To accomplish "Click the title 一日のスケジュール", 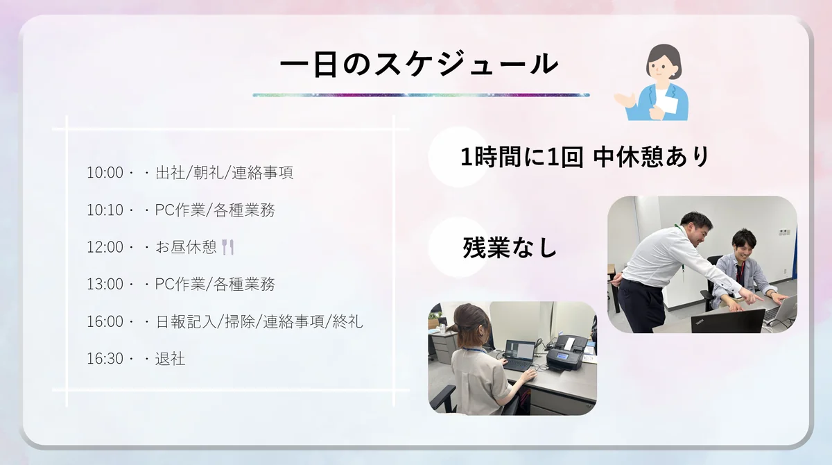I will (x=419, y=64).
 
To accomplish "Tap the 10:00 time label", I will (x=105, y=173).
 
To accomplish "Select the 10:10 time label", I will (x=105, y=210).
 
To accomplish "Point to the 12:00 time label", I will (x=105, y=247).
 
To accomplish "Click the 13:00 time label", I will (x=105, y=285).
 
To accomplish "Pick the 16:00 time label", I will (x=105, y=322).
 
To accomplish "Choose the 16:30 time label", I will (x=105, y=359).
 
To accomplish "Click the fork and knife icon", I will (x=228, y=247).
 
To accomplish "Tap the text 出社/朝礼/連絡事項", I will (x=224, y=173).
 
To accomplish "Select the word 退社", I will (x=170, y=359).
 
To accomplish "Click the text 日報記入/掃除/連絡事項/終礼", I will (x=259, y=322).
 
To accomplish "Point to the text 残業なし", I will (x=510, y=248).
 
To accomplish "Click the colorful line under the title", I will (x=421, y=94).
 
